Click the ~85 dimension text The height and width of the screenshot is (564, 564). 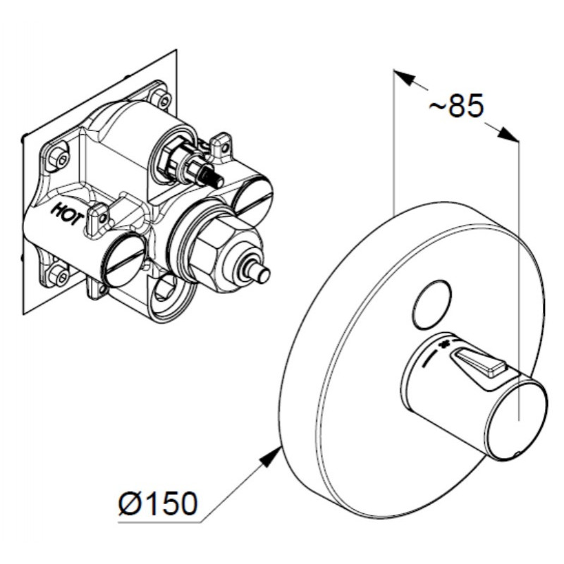click(x=457, y=106)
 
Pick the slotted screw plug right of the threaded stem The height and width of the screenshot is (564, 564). click(x=253, y=200)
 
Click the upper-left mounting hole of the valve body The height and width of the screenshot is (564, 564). click(x=59, y=157)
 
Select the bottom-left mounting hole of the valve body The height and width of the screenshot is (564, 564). click(x=59, y=275)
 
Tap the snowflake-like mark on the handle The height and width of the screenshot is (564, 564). click(x=445, y=343)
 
